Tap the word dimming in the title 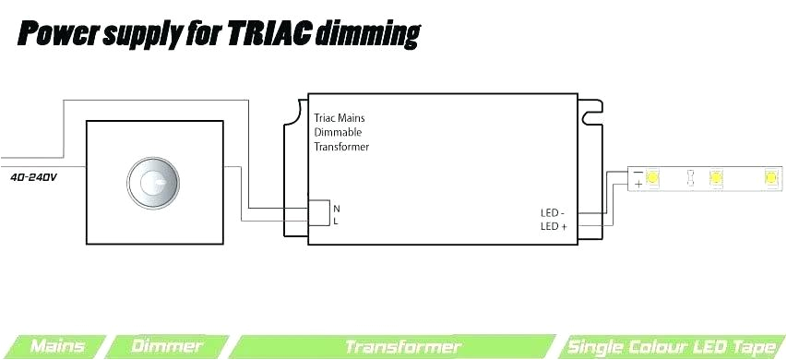point(367,36)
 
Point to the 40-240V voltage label point(34,175)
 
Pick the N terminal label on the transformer point(336,209)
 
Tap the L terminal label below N point(336,222)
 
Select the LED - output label point(553,213)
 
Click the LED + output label point(554,226)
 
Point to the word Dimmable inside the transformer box point(339,132)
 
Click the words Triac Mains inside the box point(340,118)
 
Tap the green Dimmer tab point(167,347)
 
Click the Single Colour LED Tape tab point(671,347)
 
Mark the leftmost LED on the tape point(653,176)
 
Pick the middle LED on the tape point(713,176)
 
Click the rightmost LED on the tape point(770,176)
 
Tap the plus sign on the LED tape point(638,184)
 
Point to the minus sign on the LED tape point(638,172)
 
